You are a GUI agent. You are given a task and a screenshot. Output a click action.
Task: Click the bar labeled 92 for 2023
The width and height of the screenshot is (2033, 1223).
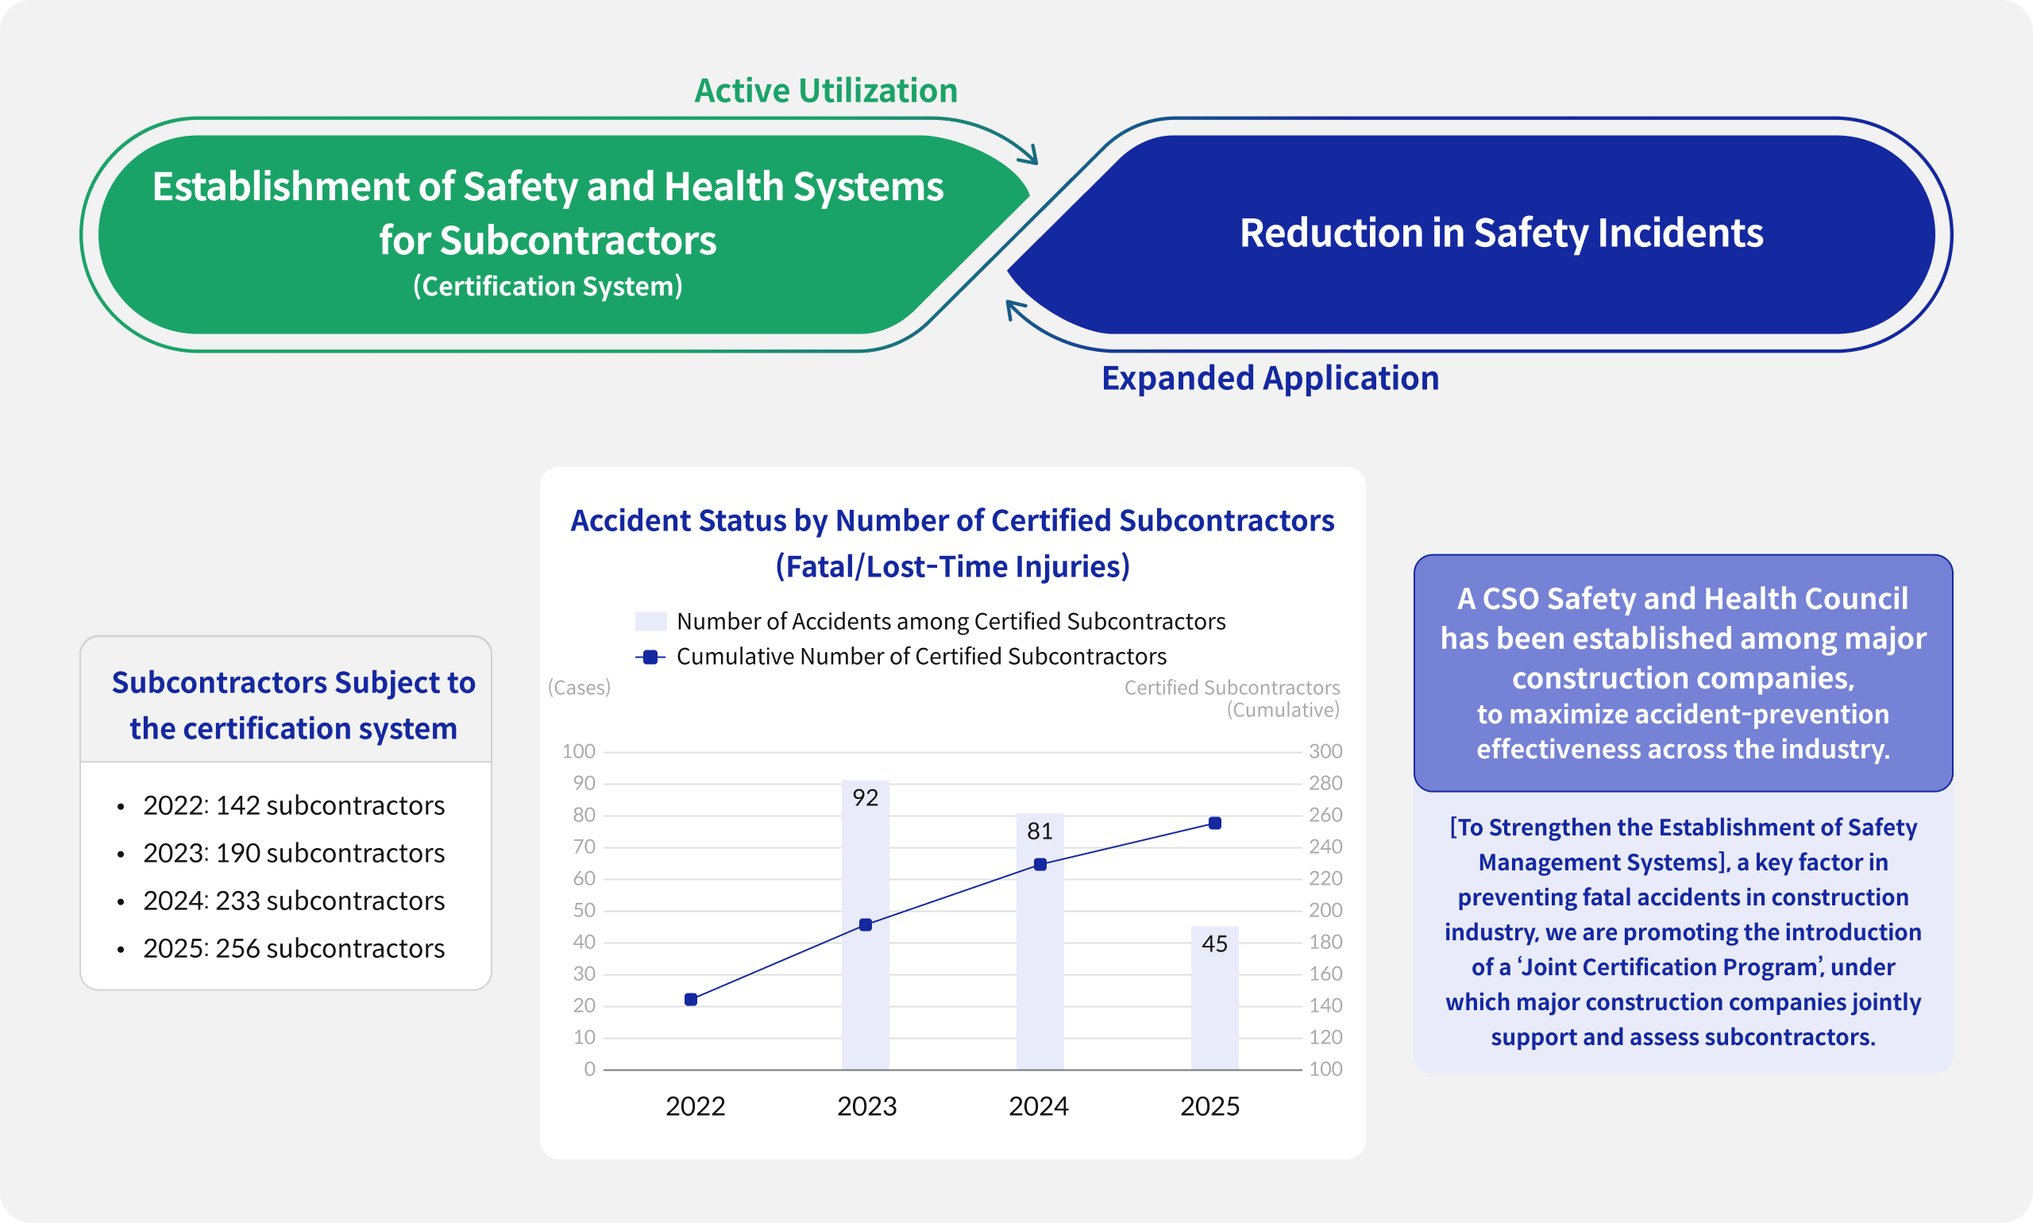click(866, 924)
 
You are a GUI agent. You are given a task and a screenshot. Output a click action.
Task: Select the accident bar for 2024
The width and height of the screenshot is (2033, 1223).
click(1040, 941)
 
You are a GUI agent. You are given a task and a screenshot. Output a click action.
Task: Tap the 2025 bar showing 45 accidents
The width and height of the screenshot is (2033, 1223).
click(1215, 997)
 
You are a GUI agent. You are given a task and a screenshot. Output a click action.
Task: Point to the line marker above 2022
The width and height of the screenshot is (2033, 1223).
click(692, 1000)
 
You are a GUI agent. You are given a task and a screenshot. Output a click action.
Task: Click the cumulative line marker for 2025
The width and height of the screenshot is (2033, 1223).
click(1215, 824)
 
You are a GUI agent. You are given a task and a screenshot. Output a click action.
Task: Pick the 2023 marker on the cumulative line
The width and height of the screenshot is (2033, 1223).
click(866, 924)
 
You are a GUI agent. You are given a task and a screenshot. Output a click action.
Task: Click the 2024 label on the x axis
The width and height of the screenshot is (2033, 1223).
click(1038, 1106)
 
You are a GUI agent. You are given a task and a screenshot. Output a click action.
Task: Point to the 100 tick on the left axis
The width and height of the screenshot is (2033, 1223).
click(578, 751)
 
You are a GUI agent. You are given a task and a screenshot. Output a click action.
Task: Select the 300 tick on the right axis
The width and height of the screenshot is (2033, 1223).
click(1326, 751)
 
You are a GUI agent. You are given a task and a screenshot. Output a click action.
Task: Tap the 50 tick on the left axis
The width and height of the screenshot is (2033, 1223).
click(584, 911)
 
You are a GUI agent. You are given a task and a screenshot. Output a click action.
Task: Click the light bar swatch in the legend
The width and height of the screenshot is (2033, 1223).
click(651, 621)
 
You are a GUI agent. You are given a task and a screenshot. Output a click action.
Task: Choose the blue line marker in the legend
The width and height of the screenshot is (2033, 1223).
click(650, 657)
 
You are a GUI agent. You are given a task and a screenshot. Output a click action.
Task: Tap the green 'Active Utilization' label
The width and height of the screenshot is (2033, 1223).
click(826, 91)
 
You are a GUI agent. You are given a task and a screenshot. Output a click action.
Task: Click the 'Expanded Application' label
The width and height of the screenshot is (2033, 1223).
click(1271, 378)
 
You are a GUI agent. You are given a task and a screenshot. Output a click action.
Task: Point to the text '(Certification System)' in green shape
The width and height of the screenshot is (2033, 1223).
click(548, 286)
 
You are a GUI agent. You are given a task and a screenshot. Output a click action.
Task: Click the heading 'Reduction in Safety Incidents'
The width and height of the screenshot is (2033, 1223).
click(1502, 233)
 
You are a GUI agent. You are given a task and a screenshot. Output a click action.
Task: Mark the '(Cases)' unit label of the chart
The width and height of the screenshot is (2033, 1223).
click(580, 687)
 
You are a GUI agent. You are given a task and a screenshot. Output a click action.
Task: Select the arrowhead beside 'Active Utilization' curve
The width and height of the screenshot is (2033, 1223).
click(1028, 154)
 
